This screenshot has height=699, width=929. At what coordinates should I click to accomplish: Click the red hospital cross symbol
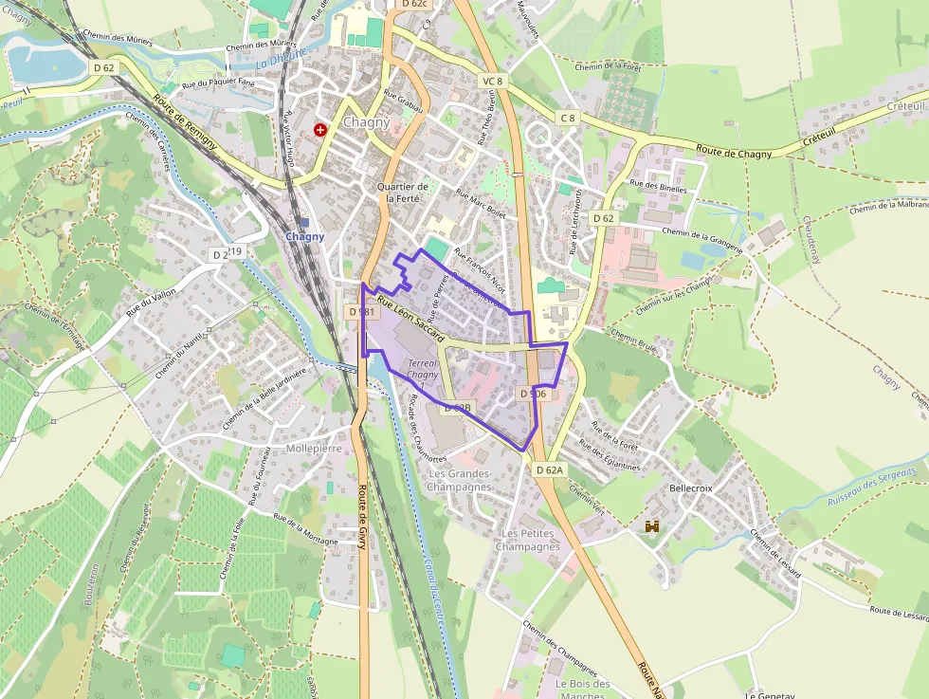point(321,129)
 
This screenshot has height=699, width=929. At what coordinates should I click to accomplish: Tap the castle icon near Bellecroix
point(652,526)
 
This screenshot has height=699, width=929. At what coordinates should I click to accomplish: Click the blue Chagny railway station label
point(305,236)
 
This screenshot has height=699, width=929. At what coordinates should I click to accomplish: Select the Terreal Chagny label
point(422,369)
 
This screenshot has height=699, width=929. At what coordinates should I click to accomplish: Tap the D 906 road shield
point(532,393)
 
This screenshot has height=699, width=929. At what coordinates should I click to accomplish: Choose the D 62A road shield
point(549,469)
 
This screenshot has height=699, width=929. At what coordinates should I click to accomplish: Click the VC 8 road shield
point(492,81)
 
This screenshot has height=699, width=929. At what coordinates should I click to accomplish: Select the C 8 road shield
point(567,118)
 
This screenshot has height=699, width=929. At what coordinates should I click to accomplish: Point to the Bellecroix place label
point(690,487)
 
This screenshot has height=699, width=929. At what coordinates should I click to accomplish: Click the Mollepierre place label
point(313,448)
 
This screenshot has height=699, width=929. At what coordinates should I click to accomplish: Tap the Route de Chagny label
point(737,150)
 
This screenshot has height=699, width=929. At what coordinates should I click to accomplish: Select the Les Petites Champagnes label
point(528,540)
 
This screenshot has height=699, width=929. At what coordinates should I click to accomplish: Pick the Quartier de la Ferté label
point(403,193)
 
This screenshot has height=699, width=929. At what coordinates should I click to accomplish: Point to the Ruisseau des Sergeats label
point(871,486)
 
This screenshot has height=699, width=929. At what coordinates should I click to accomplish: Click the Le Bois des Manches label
point(582,690)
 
